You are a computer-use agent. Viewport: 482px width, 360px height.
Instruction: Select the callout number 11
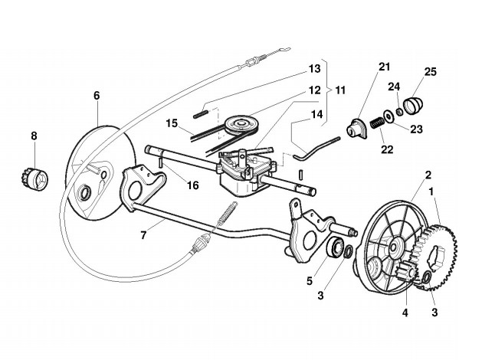pos(339,90)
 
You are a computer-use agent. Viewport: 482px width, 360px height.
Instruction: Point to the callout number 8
pos(34,137)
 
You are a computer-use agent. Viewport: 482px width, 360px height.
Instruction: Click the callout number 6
pos(97,96)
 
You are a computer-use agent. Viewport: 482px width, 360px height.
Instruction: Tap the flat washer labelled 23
pos(391,115)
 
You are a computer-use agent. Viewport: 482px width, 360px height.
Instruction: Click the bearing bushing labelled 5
pos(335,248)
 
